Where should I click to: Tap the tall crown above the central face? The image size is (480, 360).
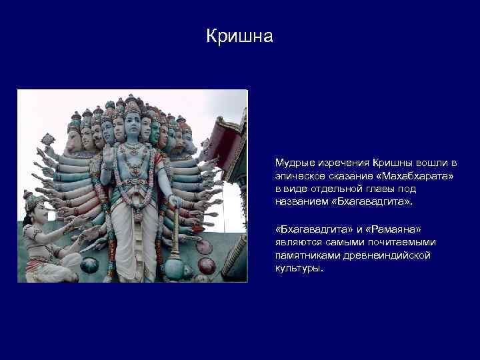(132, 107)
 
